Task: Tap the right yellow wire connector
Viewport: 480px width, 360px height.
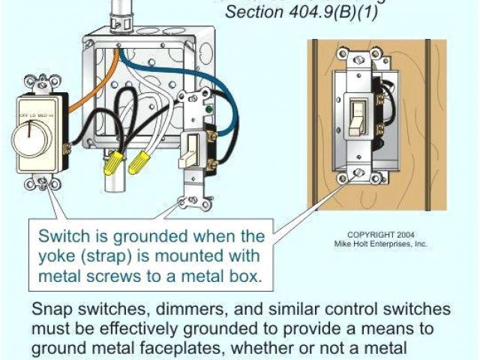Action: [x=139, y=160]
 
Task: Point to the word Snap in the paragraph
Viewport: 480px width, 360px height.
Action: [x=51, y=310]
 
